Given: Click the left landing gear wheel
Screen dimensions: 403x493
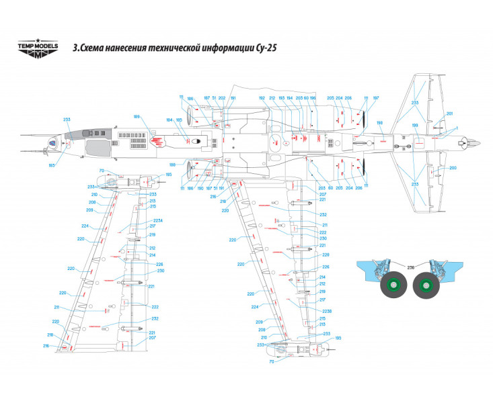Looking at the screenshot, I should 393,287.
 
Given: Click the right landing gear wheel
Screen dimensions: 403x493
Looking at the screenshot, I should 426,287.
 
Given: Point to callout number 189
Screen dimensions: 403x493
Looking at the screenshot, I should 137,117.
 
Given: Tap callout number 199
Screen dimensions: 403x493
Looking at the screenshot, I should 415,126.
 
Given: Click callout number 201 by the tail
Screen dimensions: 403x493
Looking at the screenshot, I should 450,114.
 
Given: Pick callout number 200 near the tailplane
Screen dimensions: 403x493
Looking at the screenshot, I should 453,167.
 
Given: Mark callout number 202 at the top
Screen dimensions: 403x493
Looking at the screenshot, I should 222,98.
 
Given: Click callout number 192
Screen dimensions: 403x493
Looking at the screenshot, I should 262,98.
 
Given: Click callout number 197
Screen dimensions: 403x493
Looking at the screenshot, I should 376,98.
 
